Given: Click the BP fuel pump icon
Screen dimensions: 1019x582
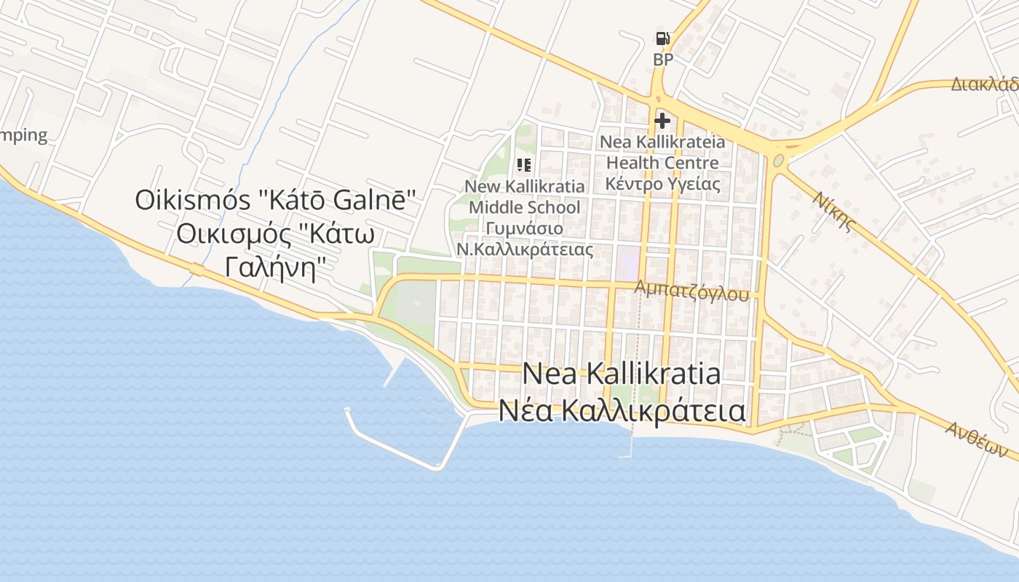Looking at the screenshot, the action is coord(662,39).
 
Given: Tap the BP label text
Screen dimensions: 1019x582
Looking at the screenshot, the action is coord(663,60).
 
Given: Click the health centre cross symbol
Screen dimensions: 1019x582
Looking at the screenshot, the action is coord(662,121).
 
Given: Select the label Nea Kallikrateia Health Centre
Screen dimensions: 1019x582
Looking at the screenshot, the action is coord(662,152).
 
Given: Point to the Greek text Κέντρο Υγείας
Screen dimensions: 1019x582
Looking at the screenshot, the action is coord(662,183).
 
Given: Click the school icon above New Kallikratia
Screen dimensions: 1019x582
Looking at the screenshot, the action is coord(524,165).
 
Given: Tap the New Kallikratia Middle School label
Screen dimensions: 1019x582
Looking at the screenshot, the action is coord(524,196).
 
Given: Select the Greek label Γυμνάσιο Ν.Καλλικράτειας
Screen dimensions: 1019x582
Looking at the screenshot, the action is coord(524,239).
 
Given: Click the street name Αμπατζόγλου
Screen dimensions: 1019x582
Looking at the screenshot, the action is coord(691,290).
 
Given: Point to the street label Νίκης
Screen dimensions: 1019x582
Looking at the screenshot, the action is coord(834,211).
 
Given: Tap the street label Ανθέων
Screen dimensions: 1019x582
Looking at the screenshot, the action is coord(976,440).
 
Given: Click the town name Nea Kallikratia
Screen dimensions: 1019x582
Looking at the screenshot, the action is coord(622,374).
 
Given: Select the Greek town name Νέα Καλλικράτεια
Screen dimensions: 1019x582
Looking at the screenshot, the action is coord(622,410).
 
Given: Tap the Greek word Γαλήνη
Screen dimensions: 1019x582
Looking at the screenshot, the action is coord(274,268).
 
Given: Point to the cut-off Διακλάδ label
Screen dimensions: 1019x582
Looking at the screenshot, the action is coord(984,84).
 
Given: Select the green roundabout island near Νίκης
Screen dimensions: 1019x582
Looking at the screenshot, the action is coord(779,159).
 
